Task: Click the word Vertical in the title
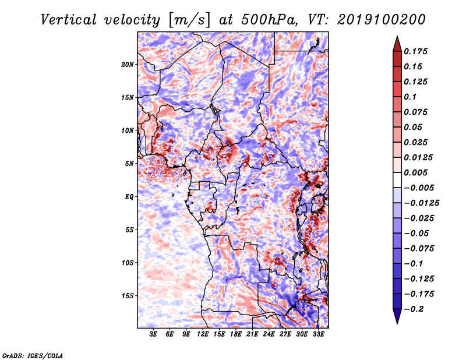click(x=69, y=20)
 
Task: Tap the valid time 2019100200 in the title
click(x=382, y=20)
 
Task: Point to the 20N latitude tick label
click(x=127, y=65)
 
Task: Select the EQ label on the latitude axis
click(x=129, y=197)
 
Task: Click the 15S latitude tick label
click(x=127, y=296)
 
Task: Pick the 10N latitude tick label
click(x=127, y=131)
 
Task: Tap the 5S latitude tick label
click(x=129, y=230)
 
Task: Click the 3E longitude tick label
click(x=153, y=334)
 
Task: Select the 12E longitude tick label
click(x=203, y=334)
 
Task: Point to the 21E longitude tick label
click(x=252, y=334)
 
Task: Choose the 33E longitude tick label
click(x=318, y=334)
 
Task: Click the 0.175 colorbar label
click(x=415, y=51)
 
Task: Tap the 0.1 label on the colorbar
click(x=410, y=97)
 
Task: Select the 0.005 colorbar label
click(x=415, y=172)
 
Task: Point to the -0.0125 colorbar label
click(x=421, y=203)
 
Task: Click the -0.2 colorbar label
click(x=414, y=309)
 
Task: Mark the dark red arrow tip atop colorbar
click(x=397, y=37)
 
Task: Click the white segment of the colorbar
click(x=397, y=180)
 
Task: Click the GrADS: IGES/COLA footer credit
click(x=33, y=355)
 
